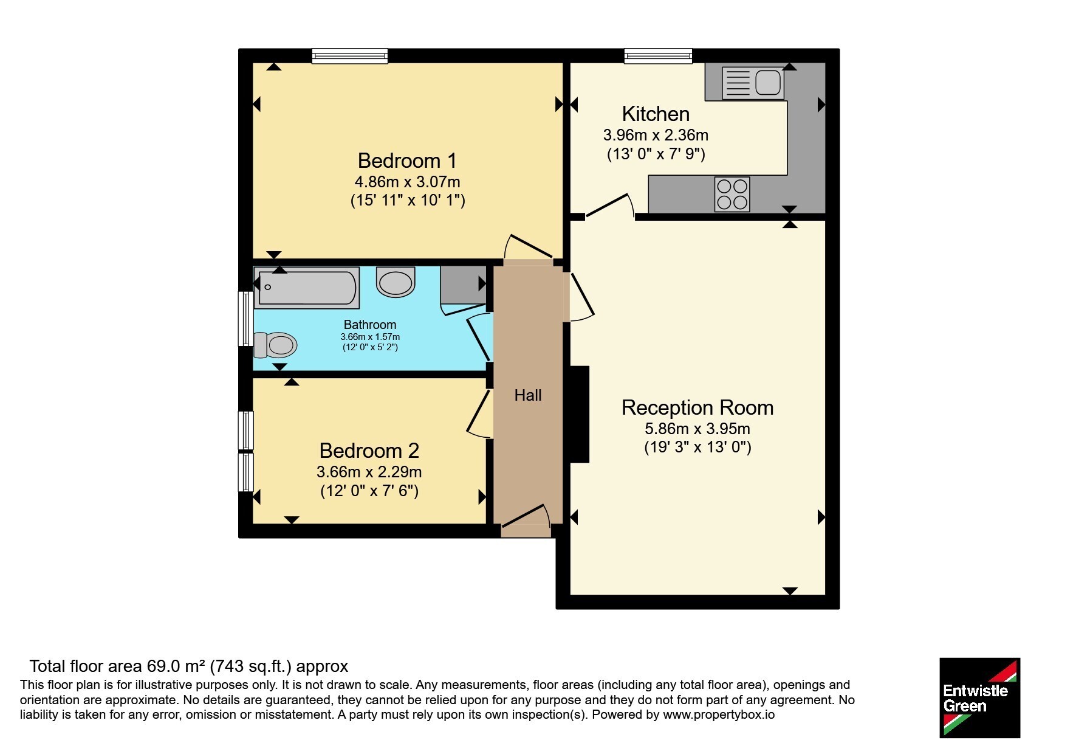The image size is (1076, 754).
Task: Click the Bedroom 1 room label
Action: [407, 161]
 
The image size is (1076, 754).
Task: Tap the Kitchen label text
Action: [656, 114]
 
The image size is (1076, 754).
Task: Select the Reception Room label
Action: [697, 407]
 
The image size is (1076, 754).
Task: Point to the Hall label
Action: [527, 395]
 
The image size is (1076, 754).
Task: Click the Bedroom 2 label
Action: [369, 451]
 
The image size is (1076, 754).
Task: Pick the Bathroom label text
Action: [370, 325]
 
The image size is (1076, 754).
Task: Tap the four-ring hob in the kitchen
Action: [732, 194]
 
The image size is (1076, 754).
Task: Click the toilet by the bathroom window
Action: [275, 345]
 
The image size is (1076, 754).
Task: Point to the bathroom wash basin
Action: [396, 282]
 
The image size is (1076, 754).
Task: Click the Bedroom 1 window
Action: [350, 56]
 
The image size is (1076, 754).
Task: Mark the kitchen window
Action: [658, 56]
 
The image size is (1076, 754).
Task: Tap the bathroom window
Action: [245, 319]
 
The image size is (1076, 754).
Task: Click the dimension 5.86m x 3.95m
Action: [697, 429]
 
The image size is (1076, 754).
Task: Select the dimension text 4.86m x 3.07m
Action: [407, 182]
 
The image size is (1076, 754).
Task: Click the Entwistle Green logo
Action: [979, 698]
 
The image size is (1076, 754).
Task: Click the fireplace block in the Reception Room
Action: [580, 414]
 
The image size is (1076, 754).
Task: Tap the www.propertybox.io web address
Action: [719, 714]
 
